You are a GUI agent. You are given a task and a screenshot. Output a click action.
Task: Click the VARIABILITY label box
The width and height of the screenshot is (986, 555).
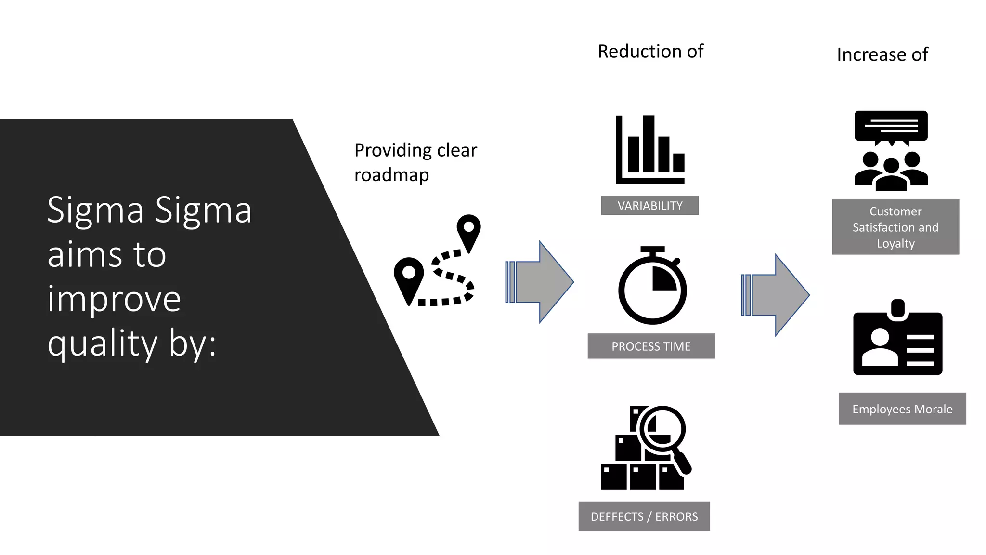649,206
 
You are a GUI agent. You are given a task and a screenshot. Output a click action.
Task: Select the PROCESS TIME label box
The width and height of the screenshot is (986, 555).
651,346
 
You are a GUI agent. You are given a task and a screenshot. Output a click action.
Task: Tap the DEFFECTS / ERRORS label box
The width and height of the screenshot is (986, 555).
644,516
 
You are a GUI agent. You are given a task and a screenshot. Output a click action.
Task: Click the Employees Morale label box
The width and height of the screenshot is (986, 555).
902,409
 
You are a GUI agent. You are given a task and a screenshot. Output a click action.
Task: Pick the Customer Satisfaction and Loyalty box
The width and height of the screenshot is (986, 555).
895,227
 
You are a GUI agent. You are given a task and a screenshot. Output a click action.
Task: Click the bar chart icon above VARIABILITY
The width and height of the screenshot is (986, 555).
650,149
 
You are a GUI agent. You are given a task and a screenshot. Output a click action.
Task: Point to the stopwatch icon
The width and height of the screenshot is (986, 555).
652,287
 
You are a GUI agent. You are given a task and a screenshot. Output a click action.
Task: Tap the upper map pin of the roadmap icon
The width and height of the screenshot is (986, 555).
468,230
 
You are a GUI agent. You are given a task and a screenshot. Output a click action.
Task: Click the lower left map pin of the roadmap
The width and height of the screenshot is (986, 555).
409,277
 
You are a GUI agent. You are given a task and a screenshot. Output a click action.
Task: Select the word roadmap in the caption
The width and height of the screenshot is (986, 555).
391,175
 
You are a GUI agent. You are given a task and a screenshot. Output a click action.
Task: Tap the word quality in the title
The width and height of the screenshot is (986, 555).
103,344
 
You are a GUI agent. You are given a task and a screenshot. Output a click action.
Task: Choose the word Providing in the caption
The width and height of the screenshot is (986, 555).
393,150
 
